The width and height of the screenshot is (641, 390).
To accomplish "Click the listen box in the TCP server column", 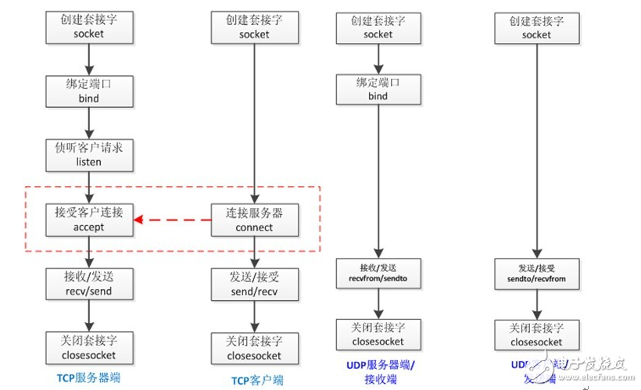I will [x=88, y=154].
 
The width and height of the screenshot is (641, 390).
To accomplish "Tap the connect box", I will [x=254, y=220].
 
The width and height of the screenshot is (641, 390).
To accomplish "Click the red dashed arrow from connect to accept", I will [x=172, y=220].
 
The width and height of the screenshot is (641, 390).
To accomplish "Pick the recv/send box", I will [x=88, y=284].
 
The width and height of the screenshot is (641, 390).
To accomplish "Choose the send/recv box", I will [x=254, y=284].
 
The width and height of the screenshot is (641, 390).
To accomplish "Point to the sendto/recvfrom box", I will [x=536, y=273].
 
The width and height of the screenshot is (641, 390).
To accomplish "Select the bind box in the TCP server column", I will [x=88, y=90].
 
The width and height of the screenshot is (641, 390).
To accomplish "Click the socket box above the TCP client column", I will [x=254, y=27].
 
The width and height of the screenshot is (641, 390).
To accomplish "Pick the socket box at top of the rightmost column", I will [x=536, y=27].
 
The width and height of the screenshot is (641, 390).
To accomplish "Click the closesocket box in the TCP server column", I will [x=88, y=349].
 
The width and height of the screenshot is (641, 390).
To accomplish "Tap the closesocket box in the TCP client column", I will [x=254, y=349].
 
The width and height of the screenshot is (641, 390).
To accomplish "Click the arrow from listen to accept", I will [x=89, y=187].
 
